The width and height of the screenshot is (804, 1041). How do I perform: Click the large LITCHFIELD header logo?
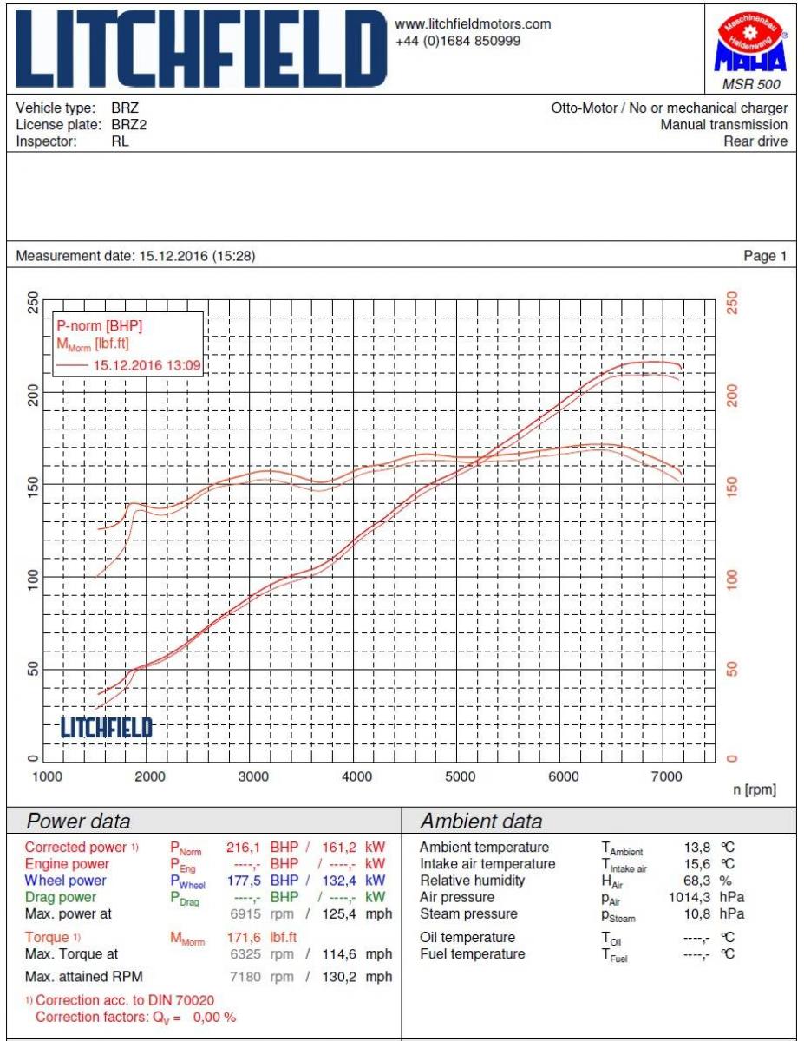tap(199, 49)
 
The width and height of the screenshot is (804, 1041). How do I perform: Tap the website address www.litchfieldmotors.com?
tap(473, 24)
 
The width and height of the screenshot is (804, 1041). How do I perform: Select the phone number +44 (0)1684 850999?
tap(458, 41)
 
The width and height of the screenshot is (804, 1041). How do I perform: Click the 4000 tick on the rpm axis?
tap(356, 777)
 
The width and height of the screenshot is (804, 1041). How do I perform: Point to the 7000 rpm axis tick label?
tap(665, 777)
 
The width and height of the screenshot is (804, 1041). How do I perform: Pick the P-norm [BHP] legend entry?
tap(99, 326)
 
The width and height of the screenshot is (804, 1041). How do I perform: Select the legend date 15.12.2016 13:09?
tap(147, 365)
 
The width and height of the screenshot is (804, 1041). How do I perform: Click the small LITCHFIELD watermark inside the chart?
tap(106, 728)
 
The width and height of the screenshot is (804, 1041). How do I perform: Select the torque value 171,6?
tap(246, 938)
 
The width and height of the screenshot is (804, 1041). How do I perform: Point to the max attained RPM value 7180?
tap(246, 978)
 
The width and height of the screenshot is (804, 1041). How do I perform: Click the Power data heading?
tap(80, 822)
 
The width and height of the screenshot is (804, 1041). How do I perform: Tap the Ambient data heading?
tap(481, 822)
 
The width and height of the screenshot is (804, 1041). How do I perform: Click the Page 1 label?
tap(765, 256)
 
